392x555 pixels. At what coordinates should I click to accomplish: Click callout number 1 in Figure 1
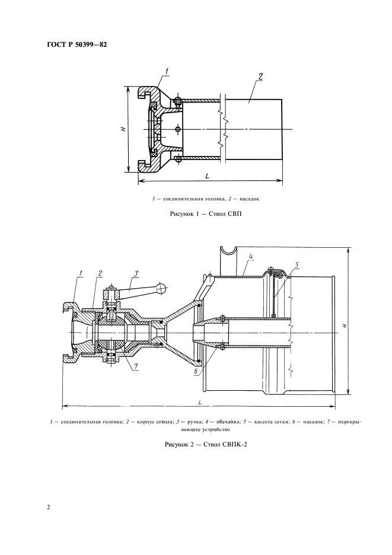click(x=166, y=72)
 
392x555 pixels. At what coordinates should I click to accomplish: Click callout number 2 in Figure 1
click(x=260, y=76)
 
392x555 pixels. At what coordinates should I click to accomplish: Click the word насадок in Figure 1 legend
click(x=249, y=199)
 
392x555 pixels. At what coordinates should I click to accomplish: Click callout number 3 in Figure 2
click(x=136, y=273)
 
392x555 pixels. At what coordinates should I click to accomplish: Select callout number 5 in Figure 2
click(x=297, y=264)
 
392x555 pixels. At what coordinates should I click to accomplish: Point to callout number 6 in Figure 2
click(x=196, y=371)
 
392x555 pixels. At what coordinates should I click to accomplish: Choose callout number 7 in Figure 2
click(x=136, y=365)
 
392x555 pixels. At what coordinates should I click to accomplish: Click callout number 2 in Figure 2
click(x=100, y=273)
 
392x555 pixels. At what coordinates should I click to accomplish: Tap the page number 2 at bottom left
click(x=49, y=507)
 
